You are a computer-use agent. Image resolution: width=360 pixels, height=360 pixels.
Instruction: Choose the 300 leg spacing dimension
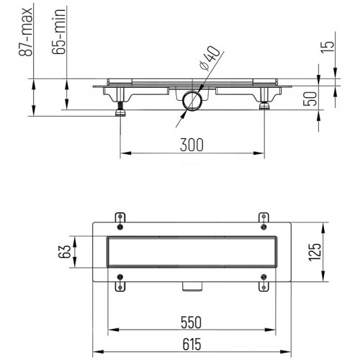pos(191,145)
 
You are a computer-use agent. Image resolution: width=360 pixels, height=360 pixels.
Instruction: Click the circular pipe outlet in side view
pos(191,99)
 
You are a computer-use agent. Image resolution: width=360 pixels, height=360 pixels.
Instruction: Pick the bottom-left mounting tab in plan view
pos(120,285)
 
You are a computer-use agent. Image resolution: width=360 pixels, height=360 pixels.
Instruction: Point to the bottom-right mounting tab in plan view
pos(263,285)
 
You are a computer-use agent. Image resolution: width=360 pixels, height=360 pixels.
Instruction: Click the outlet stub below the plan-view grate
pos(191,287)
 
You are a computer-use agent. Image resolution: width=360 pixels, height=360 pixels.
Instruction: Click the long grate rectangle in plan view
pos(191,252)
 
